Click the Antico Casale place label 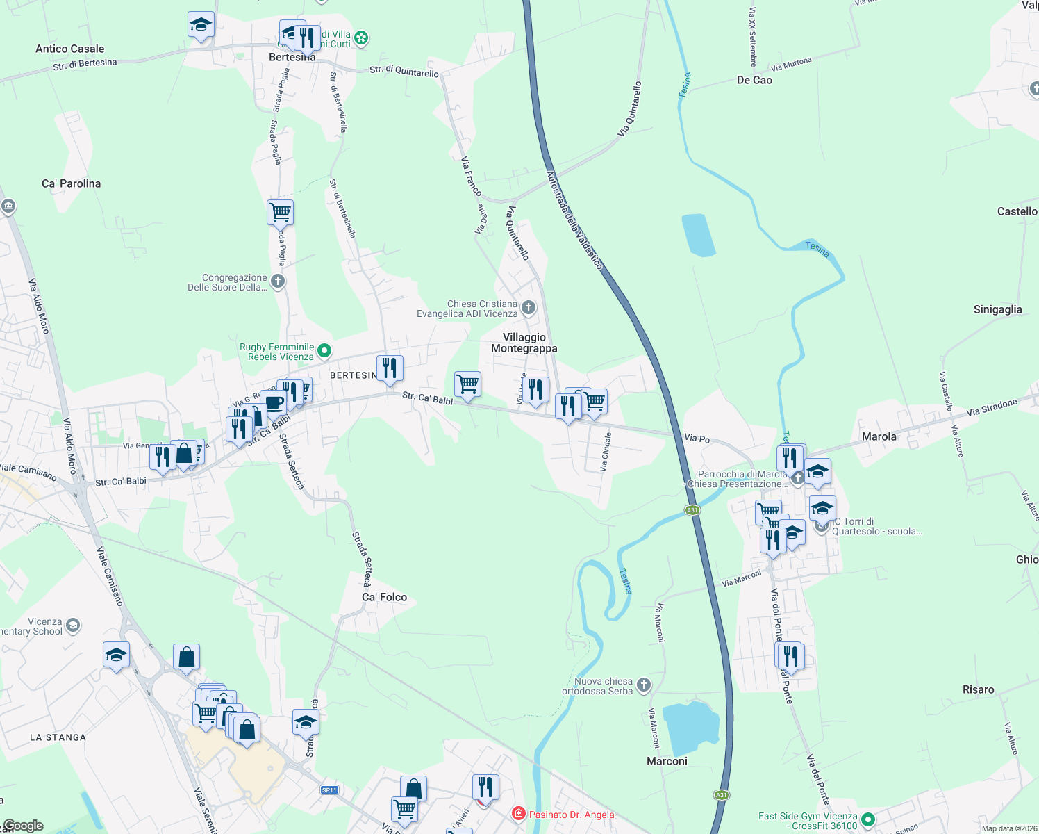pos(69,49)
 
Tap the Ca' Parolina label pos(71,183)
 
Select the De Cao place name pos(754,80)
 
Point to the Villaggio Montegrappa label pos(524,343)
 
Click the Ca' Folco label pos(384,597)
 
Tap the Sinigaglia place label pos(997,309)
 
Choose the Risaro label pos(978,689)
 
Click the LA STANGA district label pos(58,737)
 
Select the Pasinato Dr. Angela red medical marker pos(518,813)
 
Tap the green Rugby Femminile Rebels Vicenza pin pos(324,351)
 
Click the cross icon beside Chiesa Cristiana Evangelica pos(529,307)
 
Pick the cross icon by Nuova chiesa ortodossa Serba pos(644,685)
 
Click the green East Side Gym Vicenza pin pos(868,820)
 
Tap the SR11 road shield pos(329,790)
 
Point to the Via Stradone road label pos(991,407)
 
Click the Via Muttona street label pos(790,65)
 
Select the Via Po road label pos(697,438)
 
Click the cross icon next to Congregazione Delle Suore pos(278,281)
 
